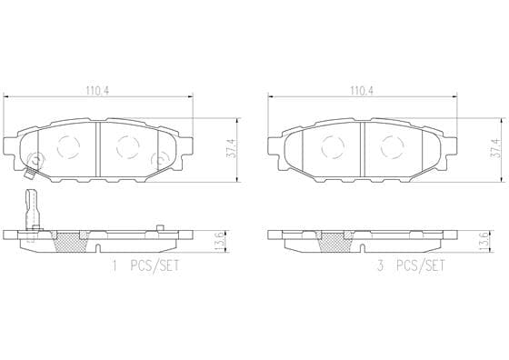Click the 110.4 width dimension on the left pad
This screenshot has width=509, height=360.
97,90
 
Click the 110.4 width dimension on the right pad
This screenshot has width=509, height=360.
362,90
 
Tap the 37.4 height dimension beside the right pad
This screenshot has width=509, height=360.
495,149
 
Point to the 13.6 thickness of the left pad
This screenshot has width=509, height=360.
219,242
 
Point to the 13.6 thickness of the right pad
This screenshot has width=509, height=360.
484,242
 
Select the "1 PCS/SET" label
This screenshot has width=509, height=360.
145,265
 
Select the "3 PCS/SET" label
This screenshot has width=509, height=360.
410,265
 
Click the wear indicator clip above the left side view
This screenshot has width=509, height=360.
33,209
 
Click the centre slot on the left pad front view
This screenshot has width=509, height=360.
98,149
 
